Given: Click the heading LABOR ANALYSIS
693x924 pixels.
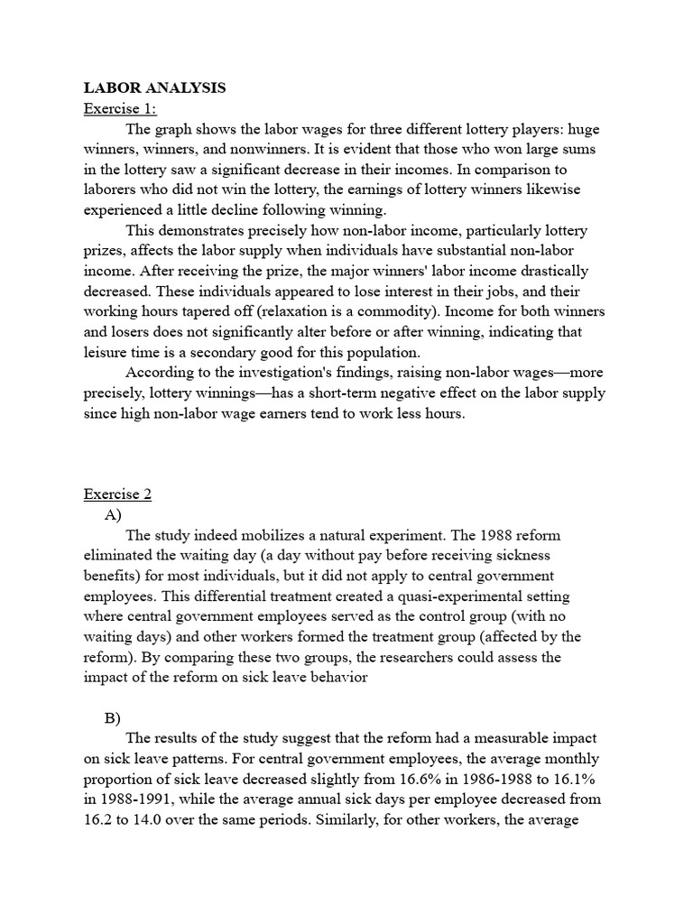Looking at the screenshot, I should click(154, 88).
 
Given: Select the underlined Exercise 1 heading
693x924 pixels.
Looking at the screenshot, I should click(120, 109).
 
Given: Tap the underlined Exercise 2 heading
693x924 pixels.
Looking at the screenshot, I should click(118, 494).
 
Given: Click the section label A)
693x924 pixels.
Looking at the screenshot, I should click(113, 515).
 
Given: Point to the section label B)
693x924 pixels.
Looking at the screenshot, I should click(113, 718).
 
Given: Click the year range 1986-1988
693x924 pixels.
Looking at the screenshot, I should click(488, 780).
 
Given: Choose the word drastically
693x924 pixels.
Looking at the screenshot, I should click(546, 271).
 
